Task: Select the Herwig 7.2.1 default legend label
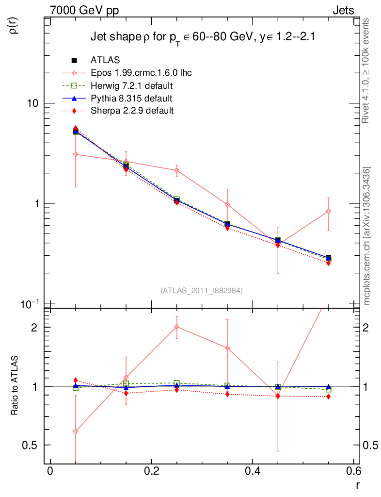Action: click(x=132, y=86)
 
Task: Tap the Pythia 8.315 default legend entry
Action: click(x=131, y=99)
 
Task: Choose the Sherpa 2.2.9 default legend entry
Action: click(x=132, y=111)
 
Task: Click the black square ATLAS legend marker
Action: click(x=75, y=61)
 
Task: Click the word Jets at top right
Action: click(x=343, y=10)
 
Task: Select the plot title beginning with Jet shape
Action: click(x=204, y=37)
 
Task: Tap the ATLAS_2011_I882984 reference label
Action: click(x=202, y=290)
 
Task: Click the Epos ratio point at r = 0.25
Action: click(x=176, y=327)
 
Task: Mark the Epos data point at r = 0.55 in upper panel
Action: click(x=328, y=211)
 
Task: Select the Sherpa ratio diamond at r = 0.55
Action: click(x=328, y=397)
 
